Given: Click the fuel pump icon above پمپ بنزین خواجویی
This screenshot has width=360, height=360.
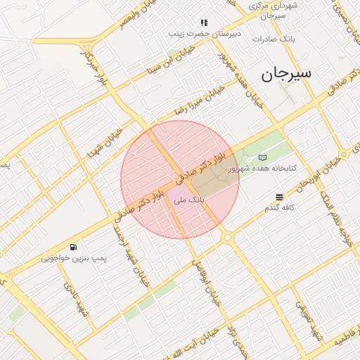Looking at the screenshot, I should [73, 247].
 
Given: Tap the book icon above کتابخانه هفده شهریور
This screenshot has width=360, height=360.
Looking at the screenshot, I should [263, 157].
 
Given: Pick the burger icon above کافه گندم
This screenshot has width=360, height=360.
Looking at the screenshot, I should [280, 197].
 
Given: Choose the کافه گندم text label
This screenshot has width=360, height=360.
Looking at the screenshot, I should [280, 208].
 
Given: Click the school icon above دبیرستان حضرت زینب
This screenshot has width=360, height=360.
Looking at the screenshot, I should [204, 22].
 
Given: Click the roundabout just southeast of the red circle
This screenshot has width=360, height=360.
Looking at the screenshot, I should [227, 238].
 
